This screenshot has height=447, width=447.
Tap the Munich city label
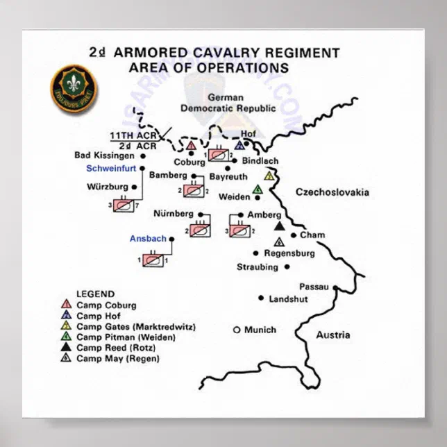tap(260, 330)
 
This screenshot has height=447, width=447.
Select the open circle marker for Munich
tap(237, 330)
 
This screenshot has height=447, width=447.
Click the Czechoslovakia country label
tap(332, 192)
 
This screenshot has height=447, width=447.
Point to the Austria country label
tap(333, 335)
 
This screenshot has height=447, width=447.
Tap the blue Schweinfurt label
tap(111, 168)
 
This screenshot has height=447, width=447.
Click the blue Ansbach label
tap(148, 239)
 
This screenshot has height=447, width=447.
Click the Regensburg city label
tap(289, 253)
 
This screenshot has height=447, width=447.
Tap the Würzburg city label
tap(108, 187)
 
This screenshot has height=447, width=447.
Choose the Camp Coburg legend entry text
tap(106, 305)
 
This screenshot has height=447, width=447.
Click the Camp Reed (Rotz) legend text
tap(116, 348)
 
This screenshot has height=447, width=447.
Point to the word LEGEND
tap(95, 294)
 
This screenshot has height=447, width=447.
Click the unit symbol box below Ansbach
tap(152, 260)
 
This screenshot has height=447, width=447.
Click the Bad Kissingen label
tap(104, 155)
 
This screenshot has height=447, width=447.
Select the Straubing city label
tap(258, 267)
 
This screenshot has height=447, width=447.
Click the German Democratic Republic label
tap(228, 103)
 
